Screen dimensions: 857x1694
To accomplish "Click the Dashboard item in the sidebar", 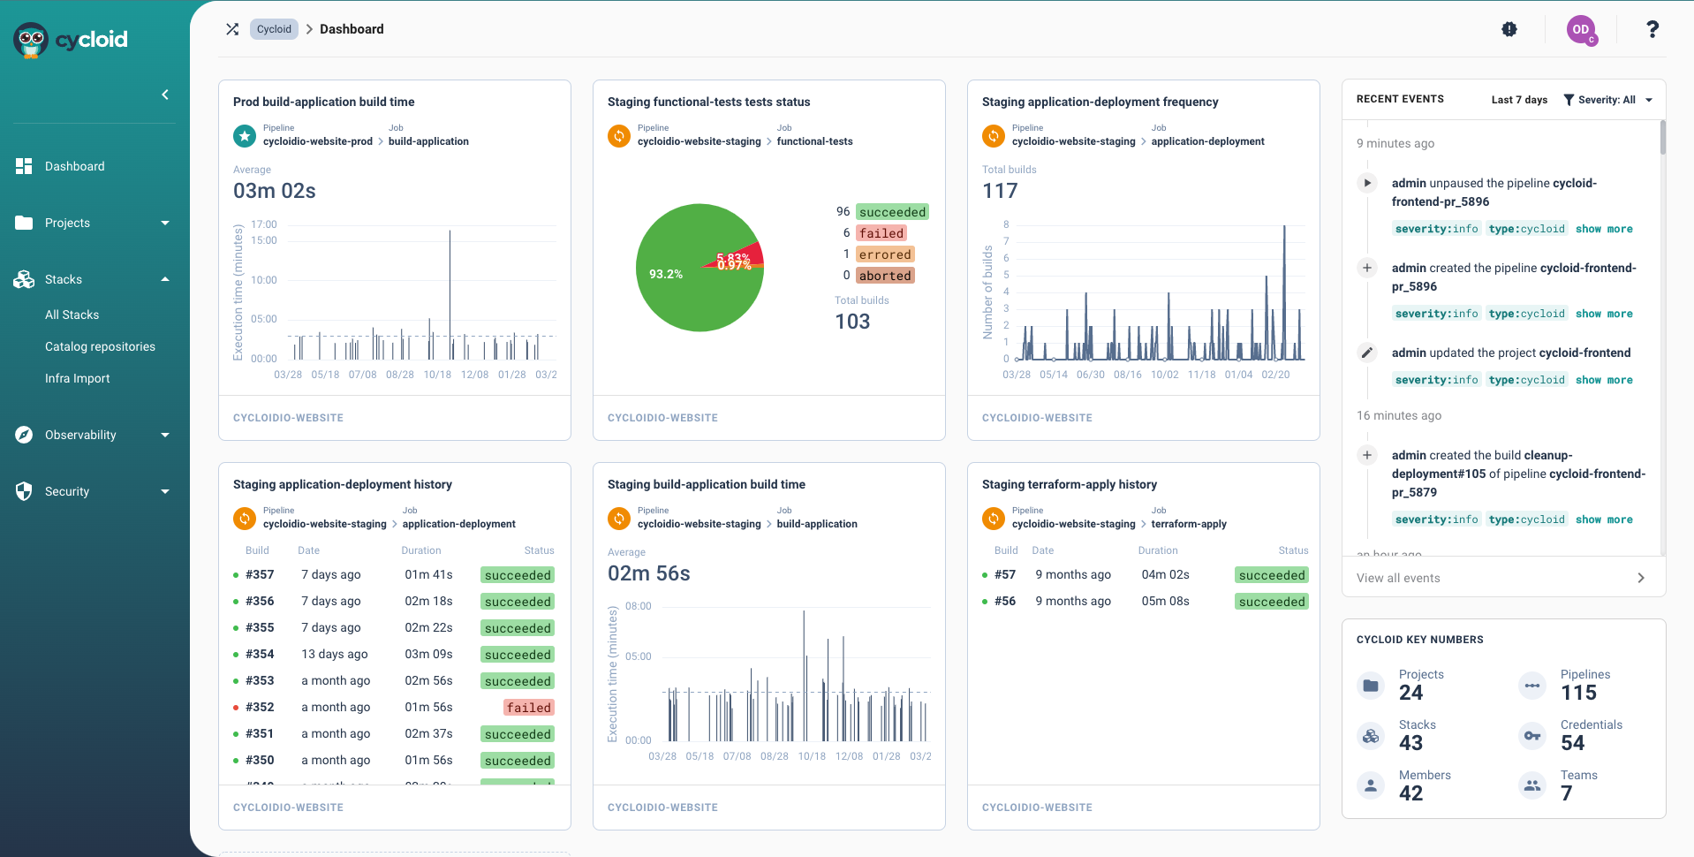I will tap(74, 166).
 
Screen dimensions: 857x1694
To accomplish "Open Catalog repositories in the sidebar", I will tap(100, 346).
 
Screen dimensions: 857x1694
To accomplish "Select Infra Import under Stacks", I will tap(78, 378).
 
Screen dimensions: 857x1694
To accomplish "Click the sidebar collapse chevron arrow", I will tap(165, 95).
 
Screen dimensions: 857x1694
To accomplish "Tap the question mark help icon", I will tap(1652, 29).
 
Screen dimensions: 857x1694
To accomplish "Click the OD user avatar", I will tap(1581, 30).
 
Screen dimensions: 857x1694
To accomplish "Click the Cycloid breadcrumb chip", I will tap(274, 29).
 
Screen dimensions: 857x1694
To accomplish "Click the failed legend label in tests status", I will tap(881, 233).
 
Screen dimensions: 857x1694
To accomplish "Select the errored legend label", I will tap(884, 254).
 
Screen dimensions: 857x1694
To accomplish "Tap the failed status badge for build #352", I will tap(528, 708).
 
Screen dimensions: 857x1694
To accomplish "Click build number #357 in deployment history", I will tap(260, 574).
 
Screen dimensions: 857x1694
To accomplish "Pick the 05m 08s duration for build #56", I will tap(1165, 601).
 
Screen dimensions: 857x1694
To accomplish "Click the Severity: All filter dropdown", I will tap(1607, 100).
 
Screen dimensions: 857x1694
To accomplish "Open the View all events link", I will tap(1398, 578).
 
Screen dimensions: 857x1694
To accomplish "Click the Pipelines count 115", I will tap(1578, 693).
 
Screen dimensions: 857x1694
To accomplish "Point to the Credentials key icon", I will tap(1532, 735).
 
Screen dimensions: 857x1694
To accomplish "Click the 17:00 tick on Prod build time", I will tap(264, 224).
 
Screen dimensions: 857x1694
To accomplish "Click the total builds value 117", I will tap(1000, 191).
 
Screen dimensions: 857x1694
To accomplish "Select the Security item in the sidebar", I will tap(67, 491).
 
